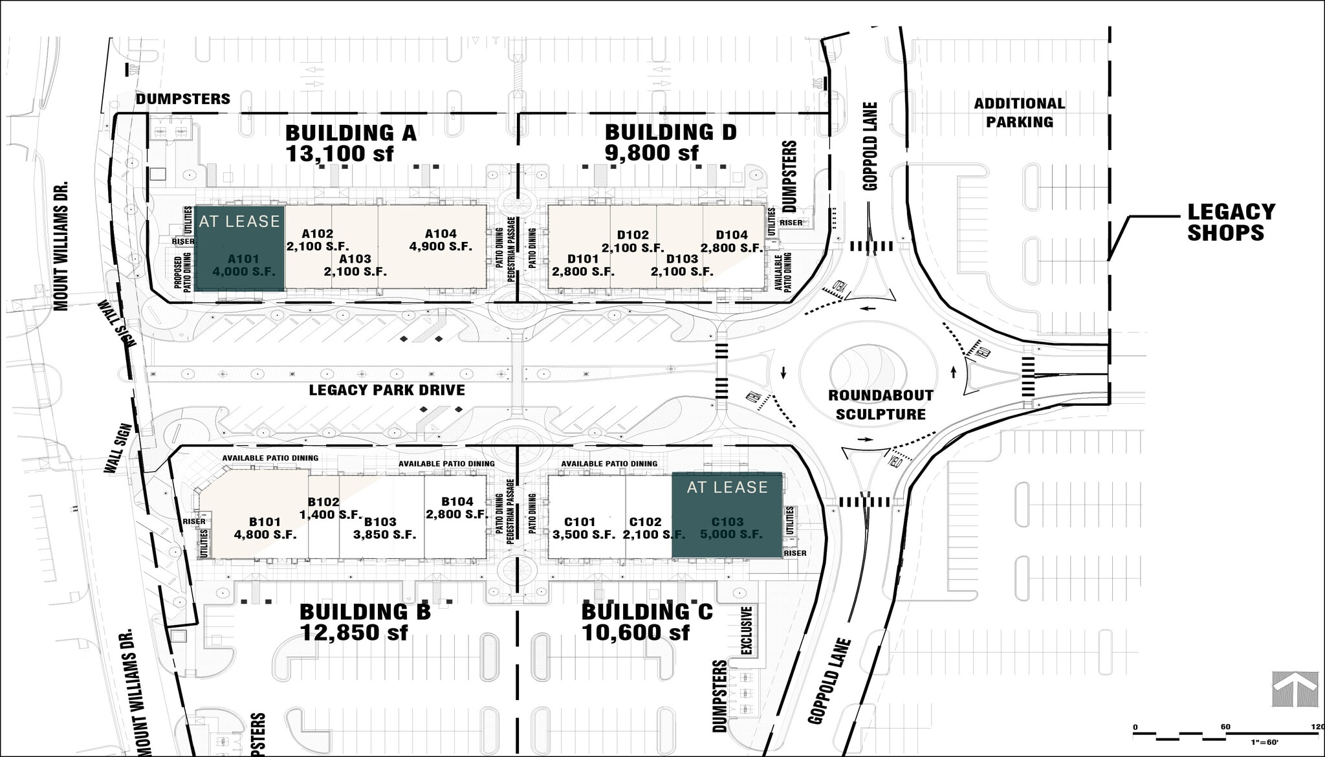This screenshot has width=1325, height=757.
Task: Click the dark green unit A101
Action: click(239, 248)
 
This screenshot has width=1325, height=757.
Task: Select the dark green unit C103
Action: click(727, 515)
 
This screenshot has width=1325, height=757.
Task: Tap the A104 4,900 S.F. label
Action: click(441, 240)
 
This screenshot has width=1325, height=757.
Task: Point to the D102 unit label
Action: click(632, 235)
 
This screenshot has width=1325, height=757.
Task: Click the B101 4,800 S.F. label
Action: click(265, 528)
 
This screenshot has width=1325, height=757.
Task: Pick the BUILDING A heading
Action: click(351, 133)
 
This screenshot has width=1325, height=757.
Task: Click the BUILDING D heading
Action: click(670, 132)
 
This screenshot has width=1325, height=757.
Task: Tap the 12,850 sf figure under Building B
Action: click(354, 632)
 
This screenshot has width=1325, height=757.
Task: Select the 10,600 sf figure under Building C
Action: click(635, 632)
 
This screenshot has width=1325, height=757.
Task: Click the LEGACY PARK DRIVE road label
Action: click(387, 390)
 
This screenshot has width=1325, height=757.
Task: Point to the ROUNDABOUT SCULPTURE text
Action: click(881, 404)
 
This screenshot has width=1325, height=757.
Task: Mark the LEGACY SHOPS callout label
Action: click(1231, 222)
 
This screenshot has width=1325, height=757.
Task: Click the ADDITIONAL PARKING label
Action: click(1019, 113)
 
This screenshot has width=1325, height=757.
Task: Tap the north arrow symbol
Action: click(1295, 689)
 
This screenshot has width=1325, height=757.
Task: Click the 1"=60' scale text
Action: click(1265, 742)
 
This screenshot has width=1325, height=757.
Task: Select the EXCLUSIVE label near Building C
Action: click(747, 630)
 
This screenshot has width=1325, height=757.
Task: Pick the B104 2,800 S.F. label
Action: click(457, 508)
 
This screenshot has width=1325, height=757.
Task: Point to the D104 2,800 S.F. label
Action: click(732, 241)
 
